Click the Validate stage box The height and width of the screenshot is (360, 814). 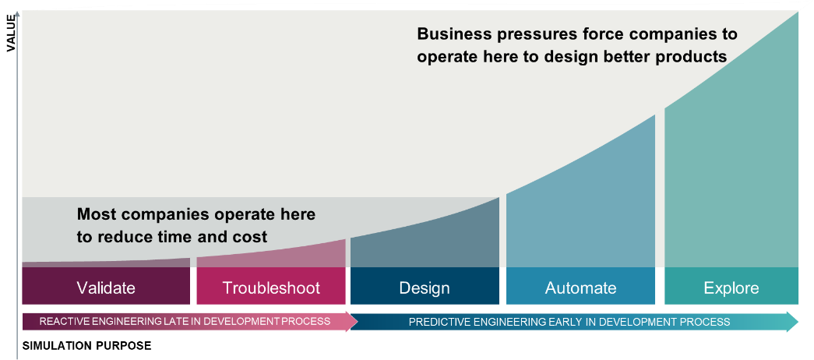[106, 288]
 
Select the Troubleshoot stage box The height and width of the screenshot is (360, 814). [271, 288]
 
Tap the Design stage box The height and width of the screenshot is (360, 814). [425, 288]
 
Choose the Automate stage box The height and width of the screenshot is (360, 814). [580, 288]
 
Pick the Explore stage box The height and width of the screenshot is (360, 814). [731, 288]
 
